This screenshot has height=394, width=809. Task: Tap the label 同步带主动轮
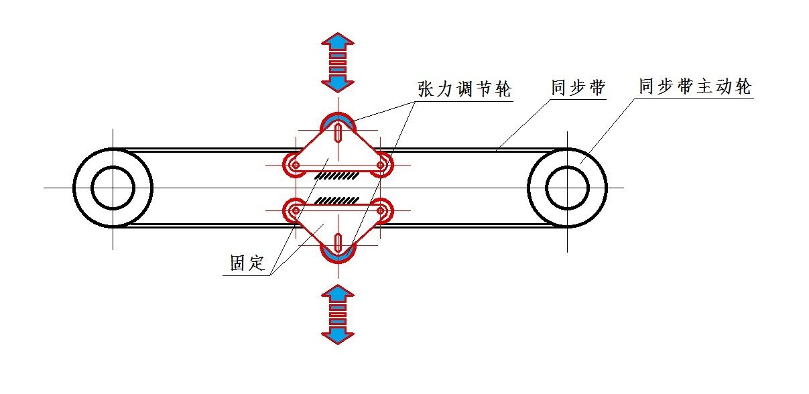click(x=695, y=87)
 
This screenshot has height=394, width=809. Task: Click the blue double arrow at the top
click(x=338, y=62)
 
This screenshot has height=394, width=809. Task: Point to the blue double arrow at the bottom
click(x=338, y=314)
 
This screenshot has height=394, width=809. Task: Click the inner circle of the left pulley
click(x=113, y=188)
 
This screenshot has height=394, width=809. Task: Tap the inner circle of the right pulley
click(x=567, y=188)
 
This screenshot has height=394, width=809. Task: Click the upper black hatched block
click(x=339, y=176)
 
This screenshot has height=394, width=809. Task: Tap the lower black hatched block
click(x=339, y=200)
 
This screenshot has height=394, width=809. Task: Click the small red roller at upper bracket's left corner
click(x=295, y=164)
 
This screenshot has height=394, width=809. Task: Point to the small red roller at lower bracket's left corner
click(x=295, y=210)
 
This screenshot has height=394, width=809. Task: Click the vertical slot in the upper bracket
click(x=338, y=132)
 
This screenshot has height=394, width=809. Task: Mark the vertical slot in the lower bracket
click(x=338, y=243)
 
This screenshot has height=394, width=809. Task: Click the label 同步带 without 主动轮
click(x=578, y=88)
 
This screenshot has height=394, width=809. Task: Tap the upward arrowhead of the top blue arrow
click(x=338, y=40)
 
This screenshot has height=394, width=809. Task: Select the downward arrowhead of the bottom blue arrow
click(x=338, y=334)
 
